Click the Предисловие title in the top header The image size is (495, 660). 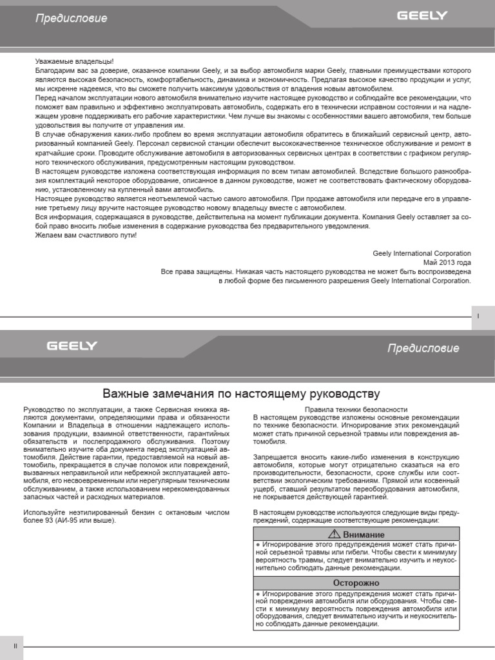coord(71,19)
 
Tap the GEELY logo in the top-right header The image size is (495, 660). coord(422,15)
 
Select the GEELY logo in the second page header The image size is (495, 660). coord(72,346)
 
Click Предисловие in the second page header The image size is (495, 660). coord(423,349)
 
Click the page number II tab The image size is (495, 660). coord(14,646)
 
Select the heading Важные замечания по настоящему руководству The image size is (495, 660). coord(242,393)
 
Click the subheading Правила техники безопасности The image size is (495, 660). coord(356,409)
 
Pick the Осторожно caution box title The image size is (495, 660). coord(356,583)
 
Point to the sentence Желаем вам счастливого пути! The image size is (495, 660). coord(86,235)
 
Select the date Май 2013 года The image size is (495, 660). coord(447,263)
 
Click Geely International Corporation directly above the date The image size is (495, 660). coord(422,254)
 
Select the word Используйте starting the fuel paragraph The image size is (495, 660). coord(44,512)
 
